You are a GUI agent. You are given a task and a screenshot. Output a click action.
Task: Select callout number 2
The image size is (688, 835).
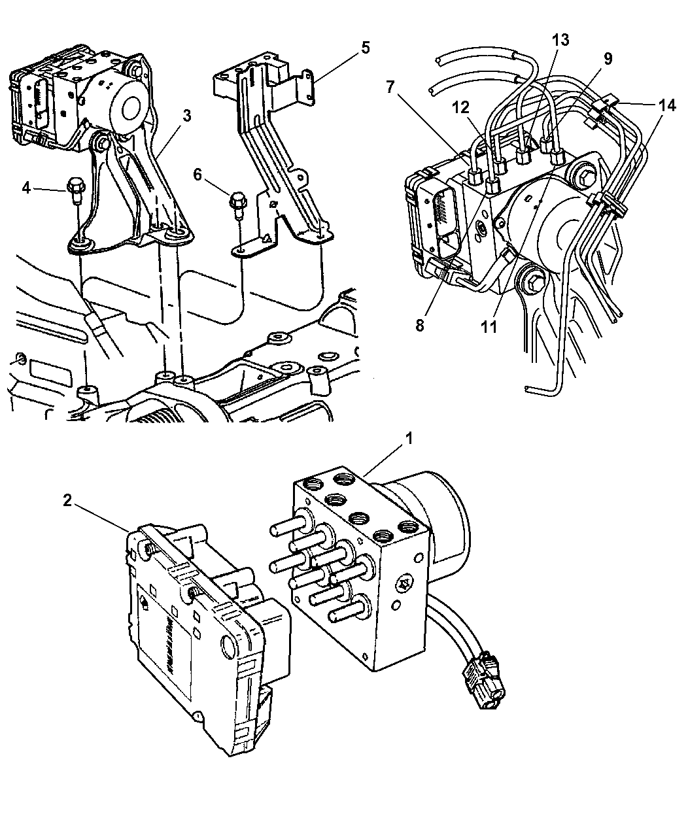tap(67, 500)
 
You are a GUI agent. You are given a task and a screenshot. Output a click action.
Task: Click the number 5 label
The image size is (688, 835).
tap(364, 48)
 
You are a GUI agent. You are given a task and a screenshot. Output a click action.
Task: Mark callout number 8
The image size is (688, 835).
tap(420, 325)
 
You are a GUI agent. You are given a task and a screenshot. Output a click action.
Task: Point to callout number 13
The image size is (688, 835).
tap(560, 41)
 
